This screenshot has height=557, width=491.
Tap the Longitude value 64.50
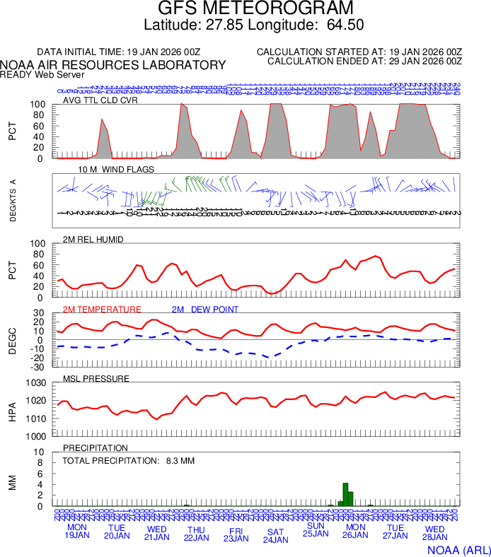click(345, 25)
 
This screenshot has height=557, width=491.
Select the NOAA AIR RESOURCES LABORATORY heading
click(113, 65)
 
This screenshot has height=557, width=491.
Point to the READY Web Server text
click(42, 74)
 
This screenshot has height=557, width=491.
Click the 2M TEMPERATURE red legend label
click(102, 310)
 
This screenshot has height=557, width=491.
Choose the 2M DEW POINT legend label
click(205, 310)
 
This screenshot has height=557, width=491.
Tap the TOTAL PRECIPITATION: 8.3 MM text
click(128, 461)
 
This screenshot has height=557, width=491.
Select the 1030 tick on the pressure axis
click(37, 383)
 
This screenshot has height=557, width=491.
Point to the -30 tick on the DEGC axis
click(38, 367)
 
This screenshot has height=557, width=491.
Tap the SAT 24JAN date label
click(275, 535)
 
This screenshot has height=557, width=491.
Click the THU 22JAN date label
click(196, 534)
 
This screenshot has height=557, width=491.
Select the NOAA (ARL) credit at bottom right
click(458, 549)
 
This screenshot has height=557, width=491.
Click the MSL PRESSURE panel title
click(96, 379)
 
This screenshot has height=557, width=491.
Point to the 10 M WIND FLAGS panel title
click(116, 170)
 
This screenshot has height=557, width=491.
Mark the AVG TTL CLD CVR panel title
click(100, 100)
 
